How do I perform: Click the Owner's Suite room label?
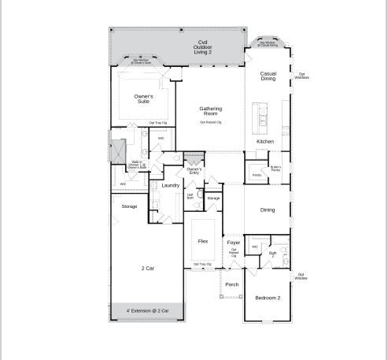click(x=143, y=98)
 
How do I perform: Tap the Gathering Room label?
click(x=210, y=111)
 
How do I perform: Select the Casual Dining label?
click(x=268, y=76)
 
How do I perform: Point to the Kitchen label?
click(x=265, y=142)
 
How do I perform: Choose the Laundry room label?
click(x=170, y=186)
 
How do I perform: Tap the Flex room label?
click(x=203, y=241)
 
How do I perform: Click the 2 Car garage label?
click(x=148, y=269)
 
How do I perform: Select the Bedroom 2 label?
click(x=268, y=297)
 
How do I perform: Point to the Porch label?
click(x=232, y=284)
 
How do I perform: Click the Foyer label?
click(x=234, y=243)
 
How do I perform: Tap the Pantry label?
click(x=257, y=175)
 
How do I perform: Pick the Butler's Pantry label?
click(x=275, y=168)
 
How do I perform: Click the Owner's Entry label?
click(x=194, y=170)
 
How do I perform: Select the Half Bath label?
click(x=190, y=196)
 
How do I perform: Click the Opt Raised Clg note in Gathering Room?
click(x=210, y=123)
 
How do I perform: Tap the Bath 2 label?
click(x=272, y=254)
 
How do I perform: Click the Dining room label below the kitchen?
click(x=268, y=210)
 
